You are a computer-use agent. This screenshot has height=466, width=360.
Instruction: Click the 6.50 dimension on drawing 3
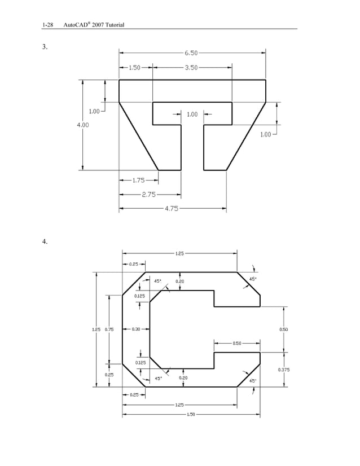point(191,53)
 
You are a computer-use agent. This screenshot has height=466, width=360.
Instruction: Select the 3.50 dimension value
point(191,68)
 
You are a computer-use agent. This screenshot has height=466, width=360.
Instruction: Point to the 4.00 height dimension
point(83,125)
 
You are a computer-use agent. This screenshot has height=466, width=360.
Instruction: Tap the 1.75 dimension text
point(138,181)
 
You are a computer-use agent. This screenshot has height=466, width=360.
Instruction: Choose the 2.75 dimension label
point(148,195)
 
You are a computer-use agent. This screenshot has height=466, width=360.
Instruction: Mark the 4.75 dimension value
point(172,209)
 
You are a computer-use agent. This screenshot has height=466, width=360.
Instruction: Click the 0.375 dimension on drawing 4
point(284,370)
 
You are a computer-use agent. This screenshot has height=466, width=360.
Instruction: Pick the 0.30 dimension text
point(136,329)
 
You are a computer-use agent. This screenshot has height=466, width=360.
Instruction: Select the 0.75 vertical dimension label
point(109,329)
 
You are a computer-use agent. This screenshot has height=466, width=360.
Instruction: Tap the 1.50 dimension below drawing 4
point(191,415)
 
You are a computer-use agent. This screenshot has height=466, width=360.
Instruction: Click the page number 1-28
point(47,25)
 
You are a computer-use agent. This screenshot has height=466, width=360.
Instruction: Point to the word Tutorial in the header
point(113,25)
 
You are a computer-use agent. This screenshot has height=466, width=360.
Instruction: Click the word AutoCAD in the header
point(75,25)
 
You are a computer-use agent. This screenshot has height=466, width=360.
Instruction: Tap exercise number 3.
point(45,47)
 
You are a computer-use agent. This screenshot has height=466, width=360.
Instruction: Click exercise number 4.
point(45,242)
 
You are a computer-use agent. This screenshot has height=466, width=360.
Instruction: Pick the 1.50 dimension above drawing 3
point(134,68)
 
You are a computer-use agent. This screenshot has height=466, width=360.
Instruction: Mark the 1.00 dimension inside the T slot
point(192,114)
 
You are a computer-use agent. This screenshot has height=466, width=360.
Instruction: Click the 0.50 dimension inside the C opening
point(237,343)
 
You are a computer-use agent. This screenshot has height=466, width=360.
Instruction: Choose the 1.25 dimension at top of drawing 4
point(179,253)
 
